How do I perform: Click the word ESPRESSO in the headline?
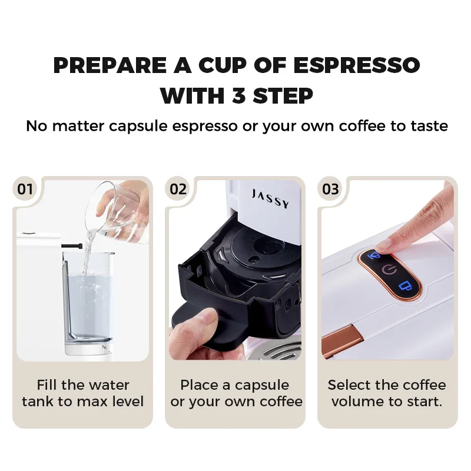357,65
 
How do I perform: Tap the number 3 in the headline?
239,96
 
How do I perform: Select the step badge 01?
25,189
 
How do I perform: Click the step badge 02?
178,189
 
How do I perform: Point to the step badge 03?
330,189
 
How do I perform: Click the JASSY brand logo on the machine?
270,198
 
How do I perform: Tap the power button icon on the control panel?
389,270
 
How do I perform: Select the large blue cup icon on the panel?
405,286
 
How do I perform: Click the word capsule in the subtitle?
138,126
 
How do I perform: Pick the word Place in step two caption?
198,385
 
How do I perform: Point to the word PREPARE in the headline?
110,65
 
